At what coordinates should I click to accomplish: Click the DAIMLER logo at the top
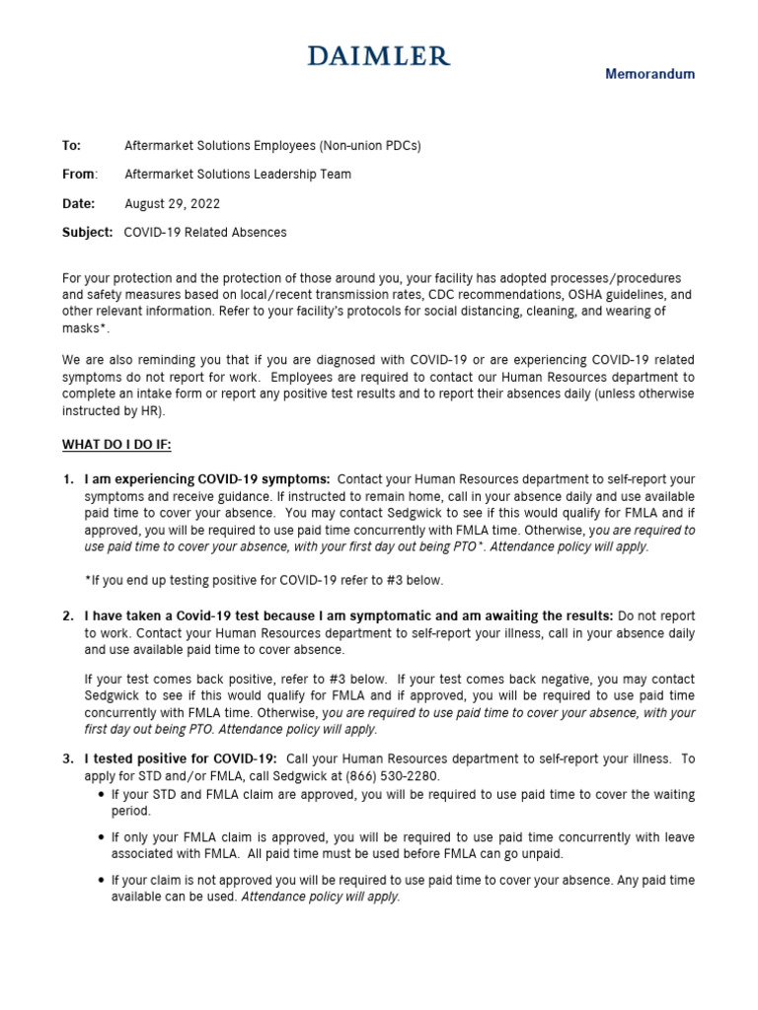[x=379, y=56]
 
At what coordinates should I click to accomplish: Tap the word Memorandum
[x=649, y=74]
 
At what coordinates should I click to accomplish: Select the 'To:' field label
[x=71, y=145]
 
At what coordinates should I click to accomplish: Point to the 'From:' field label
[x=80, y=175]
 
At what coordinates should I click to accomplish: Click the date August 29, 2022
[x=172, y=203]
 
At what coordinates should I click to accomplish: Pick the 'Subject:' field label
[x=88, y=233]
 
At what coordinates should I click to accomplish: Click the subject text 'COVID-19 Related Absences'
[x=205, y=233]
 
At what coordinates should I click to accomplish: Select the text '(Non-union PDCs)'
[x=370, y=145]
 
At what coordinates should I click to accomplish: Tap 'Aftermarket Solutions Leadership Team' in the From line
[x=238, y=175]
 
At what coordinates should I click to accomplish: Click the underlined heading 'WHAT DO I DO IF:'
[x=116, y=444]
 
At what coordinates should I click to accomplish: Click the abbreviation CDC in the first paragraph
[x=433, y=295]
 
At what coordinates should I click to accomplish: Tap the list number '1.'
[x=68, y=478]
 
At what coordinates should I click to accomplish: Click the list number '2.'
[x=68, y=615]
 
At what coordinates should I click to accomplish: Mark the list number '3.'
[x=68, y=758]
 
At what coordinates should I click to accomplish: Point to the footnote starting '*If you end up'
[x=265, y=580]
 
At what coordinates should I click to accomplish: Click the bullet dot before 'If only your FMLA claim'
[x=102, y=837]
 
